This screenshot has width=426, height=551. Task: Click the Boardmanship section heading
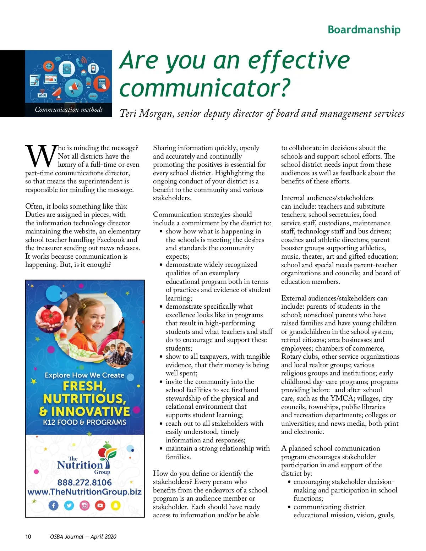364,30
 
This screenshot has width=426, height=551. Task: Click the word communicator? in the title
205,88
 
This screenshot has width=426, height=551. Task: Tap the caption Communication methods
69,110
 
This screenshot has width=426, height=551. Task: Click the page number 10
28,536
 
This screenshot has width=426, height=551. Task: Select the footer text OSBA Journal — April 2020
83,536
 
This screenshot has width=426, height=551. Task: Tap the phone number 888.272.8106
84,483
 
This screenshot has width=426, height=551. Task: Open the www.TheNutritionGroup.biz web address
84,492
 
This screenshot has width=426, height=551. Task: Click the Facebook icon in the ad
53,505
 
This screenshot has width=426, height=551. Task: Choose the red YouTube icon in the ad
100,505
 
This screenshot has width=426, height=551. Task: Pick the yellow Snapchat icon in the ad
116,505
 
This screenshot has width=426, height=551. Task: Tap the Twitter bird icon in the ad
69,505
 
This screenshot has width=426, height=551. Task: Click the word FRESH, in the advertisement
84,386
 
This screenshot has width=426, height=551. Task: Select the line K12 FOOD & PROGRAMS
84,422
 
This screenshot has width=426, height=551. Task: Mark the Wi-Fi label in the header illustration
42,95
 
